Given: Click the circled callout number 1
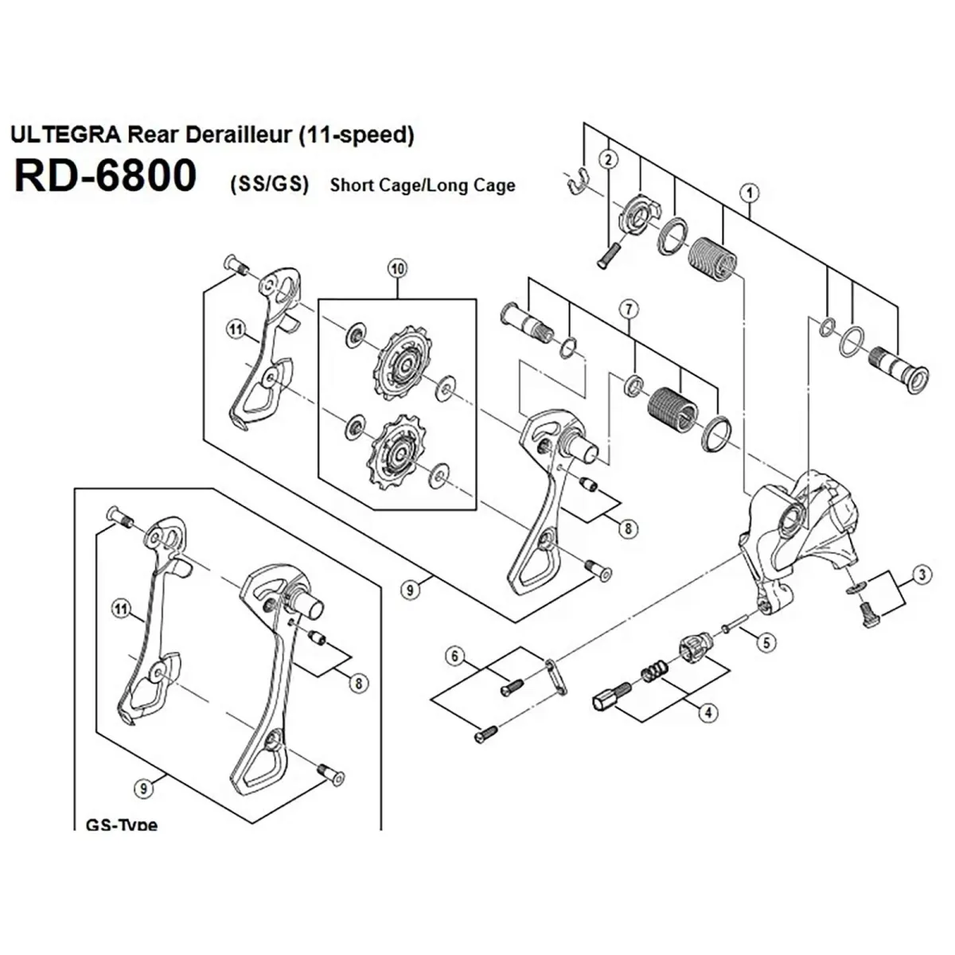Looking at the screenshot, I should tap(748, 192).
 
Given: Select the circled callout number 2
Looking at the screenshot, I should tap(609, 159).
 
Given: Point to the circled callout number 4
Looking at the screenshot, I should tap(707, 713).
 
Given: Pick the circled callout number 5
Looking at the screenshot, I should tap(765, 641).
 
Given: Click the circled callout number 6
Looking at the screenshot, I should tap(454, 657).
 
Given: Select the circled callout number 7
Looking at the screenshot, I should tap(629, 307).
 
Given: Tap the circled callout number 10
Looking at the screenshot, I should tap(397, 269).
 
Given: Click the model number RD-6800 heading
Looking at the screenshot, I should tap(105, 176).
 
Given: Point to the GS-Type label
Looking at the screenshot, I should tap(121, 824).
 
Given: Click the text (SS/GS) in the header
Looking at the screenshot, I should tap(268, 185).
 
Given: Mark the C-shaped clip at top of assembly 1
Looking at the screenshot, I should tap(579, 184).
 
